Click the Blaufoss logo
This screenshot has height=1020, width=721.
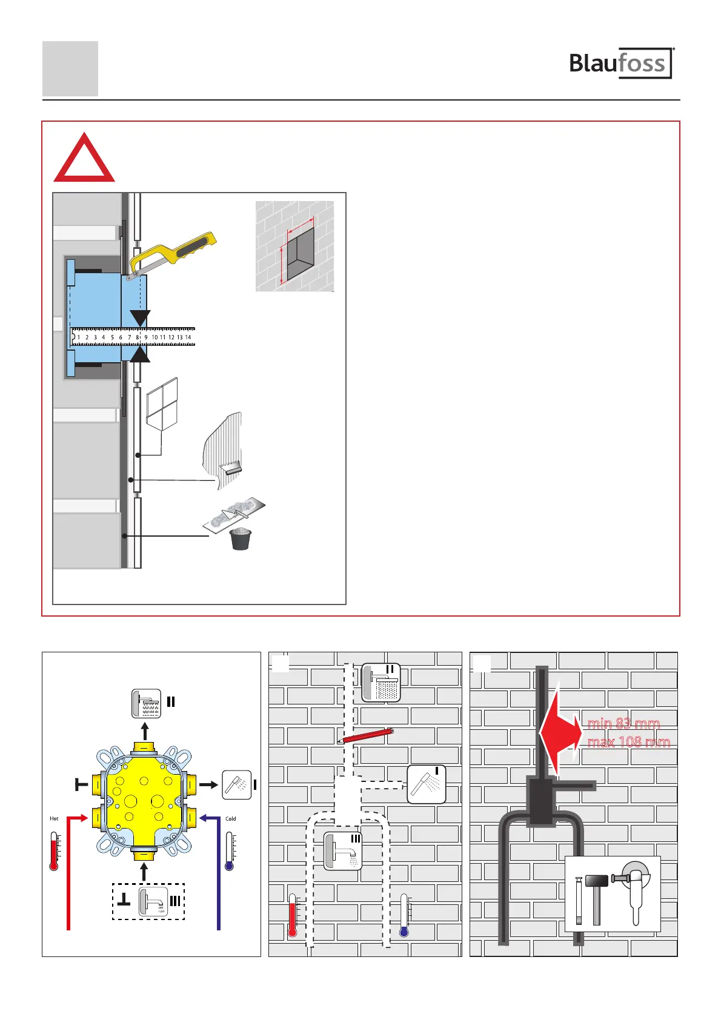(x=620, y=63)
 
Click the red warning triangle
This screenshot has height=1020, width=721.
(x=84, y=159)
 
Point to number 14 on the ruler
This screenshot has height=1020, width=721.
(x=188, y=337)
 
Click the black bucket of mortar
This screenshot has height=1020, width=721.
(x=241, y=539)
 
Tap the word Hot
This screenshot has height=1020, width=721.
(x=54, y=819)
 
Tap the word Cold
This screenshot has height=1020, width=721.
(x=230, y=819)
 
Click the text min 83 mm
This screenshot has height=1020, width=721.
(x=623, y=723)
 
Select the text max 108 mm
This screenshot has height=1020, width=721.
(x=628, y=742)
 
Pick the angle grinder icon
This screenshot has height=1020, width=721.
(x=634, y=890)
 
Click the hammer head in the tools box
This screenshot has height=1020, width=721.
(x=596, y=881)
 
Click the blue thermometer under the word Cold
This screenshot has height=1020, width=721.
(x=230, y=851)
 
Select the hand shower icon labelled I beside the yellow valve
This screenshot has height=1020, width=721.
(x=236, y=785)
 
